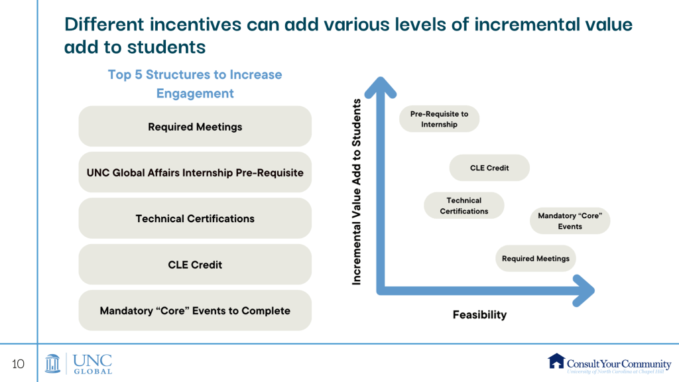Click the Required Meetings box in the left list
click(195, 126)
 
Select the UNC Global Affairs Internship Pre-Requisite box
click(195, 172)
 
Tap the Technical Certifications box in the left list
click(195, 218)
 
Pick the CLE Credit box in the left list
click(195, 265)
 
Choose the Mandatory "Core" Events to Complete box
click(195, 310)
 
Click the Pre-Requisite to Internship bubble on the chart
click(439, 119)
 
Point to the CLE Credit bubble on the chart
click(489, 168)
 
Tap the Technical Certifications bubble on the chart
click(463, 206)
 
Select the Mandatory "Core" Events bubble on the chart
click(570, 221)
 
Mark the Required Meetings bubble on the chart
click(536, 259)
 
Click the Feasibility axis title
click(479, 315)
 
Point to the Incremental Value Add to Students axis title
click(356, 192)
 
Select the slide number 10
click(18, 364)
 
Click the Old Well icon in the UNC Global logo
click(52, 363)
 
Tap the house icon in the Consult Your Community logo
click(556, 361)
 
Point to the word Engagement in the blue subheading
click(195, 94)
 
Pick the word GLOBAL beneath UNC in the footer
click(93, 371)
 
